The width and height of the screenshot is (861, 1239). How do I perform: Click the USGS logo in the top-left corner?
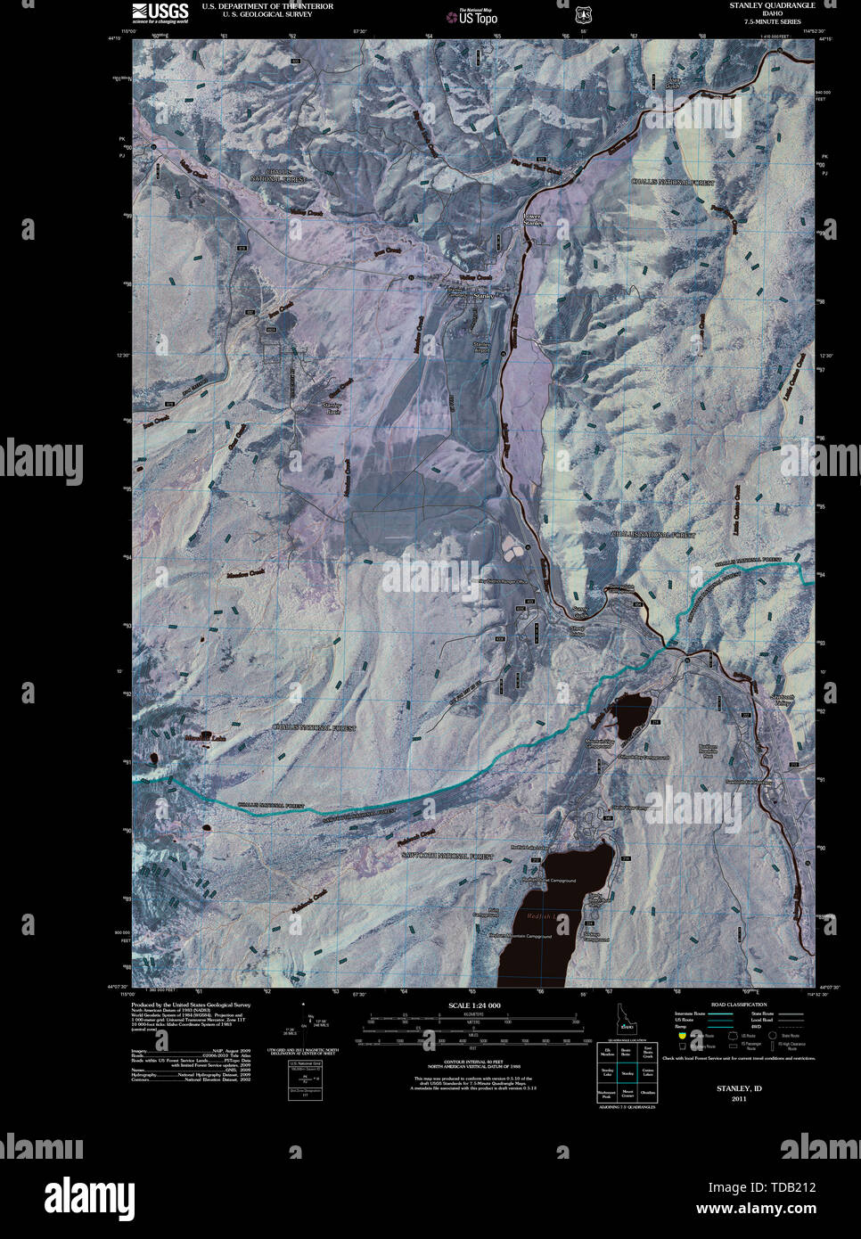click(160, 12)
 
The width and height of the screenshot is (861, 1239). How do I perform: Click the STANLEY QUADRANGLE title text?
click(772, 5)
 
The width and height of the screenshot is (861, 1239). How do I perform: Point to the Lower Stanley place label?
click(532, 219)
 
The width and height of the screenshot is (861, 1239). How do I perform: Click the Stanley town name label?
click(483, 295)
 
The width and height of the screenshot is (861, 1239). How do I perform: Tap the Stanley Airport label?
click(482, 347)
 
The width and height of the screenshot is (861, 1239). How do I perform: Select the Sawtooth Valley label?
click(782, 701)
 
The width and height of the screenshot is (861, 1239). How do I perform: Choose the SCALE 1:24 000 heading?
click(474, 1005)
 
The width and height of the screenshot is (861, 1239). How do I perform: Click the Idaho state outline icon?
click(627, 1017)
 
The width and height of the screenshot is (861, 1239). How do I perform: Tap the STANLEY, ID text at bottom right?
click(739, 1088)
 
